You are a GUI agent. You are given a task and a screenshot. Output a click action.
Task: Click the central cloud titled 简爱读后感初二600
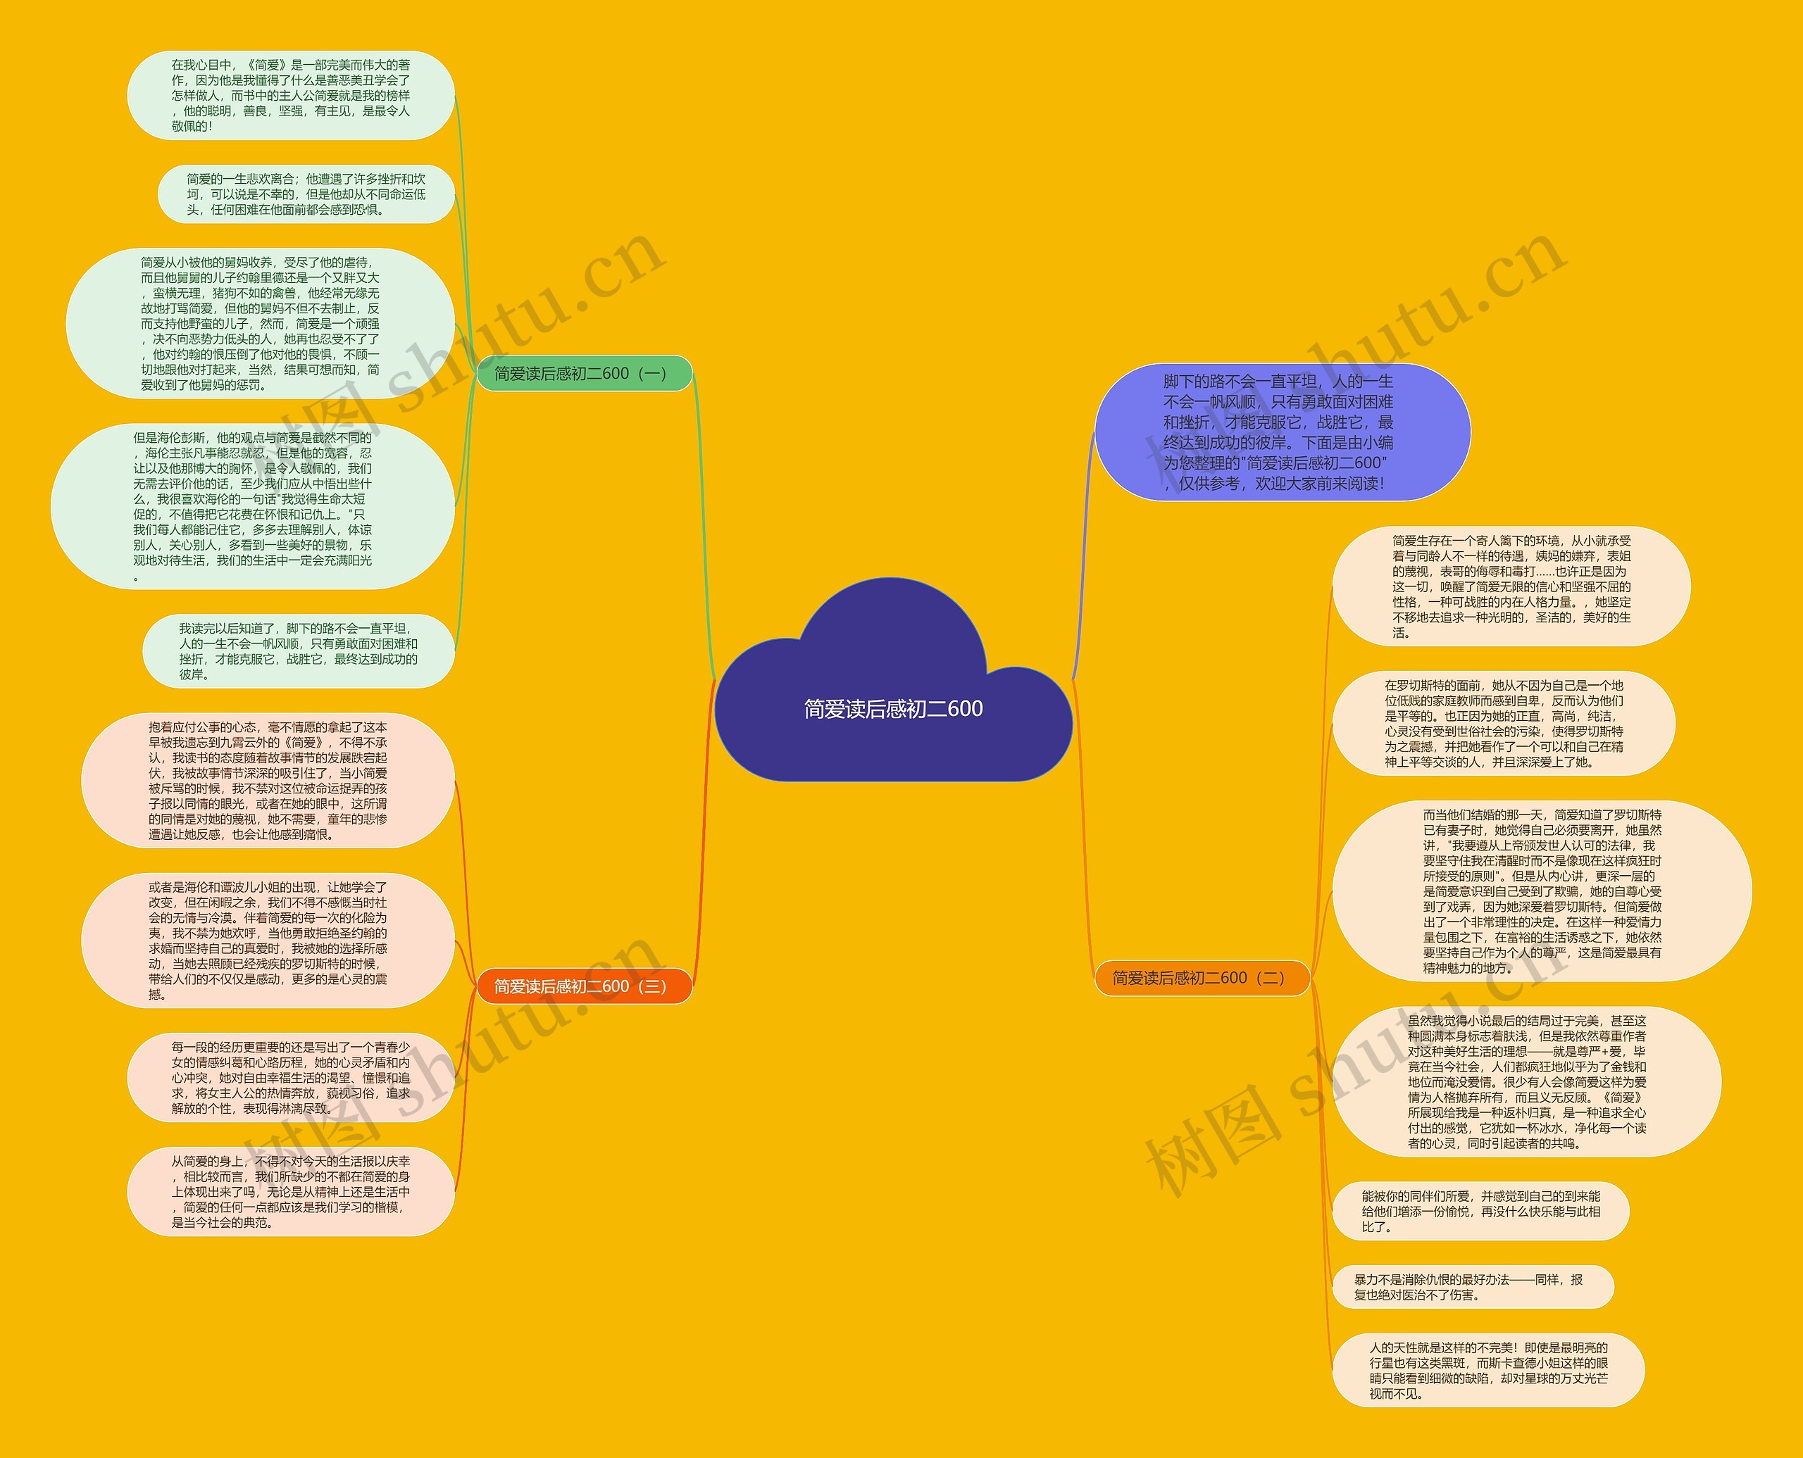893,708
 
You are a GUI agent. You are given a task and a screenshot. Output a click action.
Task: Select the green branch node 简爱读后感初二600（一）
584,374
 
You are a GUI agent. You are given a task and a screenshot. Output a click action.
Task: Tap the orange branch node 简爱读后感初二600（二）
1202,978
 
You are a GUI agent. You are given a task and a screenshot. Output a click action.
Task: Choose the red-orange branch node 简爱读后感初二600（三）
584,986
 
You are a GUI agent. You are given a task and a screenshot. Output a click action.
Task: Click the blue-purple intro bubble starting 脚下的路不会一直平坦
1281,432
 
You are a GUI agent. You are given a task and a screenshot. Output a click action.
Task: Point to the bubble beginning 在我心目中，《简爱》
291,95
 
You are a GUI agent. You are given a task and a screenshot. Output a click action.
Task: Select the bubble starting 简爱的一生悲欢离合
306,194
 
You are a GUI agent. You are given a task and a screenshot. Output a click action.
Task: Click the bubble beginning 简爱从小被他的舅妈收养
261,323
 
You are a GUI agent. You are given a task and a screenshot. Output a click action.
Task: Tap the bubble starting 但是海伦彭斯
252,506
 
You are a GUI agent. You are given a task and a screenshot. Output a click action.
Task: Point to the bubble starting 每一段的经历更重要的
291,1078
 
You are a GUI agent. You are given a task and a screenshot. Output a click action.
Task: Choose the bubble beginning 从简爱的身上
291,1192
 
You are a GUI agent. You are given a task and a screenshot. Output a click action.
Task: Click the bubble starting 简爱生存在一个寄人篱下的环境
1511,586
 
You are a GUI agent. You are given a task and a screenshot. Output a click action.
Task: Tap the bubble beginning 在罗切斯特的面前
1503,723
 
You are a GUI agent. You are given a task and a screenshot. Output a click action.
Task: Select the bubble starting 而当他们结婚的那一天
1542,891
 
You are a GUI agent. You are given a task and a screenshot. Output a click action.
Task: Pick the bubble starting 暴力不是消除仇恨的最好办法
1472,1287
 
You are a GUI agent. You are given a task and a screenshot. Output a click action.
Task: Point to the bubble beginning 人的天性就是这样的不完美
1488,1371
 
